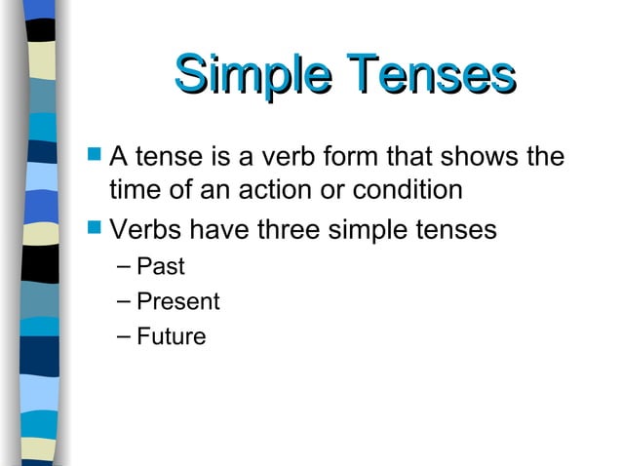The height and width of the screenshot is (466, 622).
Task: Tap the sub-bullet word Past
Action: (161, 265)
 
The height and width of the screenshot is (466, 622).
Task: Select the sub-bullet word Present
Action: (178, 301)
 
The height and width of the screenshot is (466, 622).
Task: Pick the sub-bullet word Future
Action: (172, 337)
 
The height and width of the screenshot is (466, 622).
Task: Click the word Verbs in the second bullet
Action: (143, 231)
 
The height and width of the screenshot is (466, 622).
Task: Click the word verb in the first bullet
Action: (297, 156)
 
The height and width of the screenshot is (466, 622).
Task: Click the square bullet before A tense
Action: (94, 155)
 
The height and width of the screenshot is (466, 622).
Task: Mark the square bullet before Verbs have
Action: (94, 230)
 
